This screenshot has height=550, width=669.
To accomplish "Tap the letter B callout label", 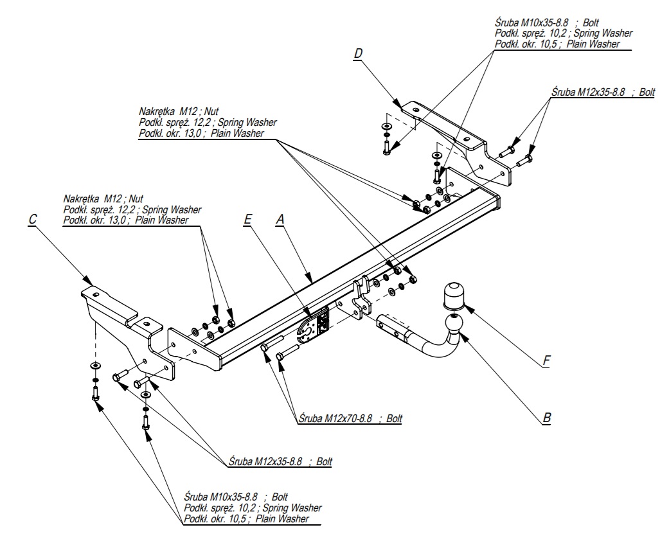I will pyautogui.click(x=546, y=418).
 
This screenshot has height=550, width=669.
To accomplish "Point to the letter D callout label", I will pyautogui.click(x=357, y=54).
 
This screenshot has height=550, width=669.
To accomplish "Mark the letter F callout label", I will pyautogui.click(x=546, y=361).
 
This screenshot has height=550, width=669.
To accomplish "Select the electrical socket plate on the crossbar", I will pyautogui.click(x=314, y=325).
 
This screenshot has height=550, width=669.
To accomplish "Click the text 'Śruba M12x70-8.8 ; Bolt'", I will pyautogui.click(x=350, y=418).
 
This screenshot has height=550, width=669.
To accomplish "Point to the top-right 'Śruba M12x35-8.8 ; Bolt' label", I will pyautogui.click(x=603, y=92).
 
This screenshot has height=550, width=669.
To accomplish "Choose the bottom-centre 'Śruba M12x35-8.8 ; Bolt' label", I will pyautogui.click(x=280, y=461).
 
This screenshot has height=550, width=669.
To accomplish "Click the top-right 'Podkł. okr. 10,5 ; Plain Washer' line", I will pyautogui.click(x=557, y=44).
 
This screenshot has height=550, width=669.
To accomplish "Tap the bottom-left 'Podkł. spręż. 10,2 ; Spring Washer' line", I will pyautogui.click(x=253, y=508).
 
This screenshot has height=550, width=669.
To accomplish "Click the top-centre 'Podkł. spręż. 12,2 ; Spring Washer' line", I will pyautogui.click(x=208, y=122).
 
